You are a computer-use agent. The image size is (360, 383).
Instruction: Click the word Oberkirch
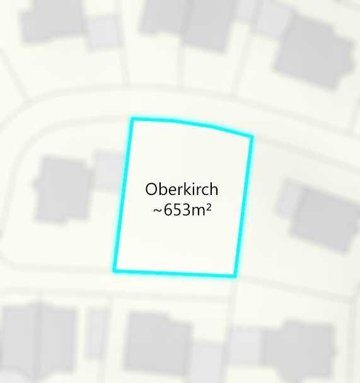pos(182,189)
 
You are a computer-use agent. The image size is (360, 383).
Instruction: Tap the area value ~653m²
pos(182,210)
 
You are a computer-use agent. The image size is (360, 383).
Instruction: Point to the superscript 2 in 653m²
pos(209,206)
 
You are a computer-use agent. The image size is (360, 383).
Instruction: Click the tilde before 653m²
pos(158,211)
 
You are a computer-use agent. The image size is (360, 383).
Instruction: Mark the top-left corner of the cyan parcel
pos(132,119)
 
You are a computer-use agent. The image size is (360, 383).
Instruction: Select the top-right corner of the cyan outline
pos(252,136)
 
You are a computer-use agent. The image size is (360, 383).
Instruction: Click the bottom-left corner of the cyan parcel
pos(115,271)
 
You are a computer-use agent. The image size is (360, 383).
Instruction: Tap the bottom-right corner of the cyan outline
pos(235,276)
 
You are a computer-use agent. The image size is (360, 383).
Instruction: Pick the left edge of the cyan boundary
pos(123,195)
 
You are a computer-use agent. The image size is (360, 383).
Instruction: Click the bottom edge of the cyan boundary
pos(175,273)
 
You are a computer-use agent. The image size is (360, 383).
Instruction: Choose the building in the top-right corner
pos(315,51)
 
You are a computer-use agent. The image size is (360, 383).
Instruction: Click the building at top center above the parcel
pos(187,23)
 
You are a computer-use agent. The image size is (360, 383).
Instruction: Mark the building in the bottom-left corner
pos(38,342)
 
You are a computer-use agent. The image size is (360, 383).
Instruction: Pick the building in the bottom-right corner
pos(298,351)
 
